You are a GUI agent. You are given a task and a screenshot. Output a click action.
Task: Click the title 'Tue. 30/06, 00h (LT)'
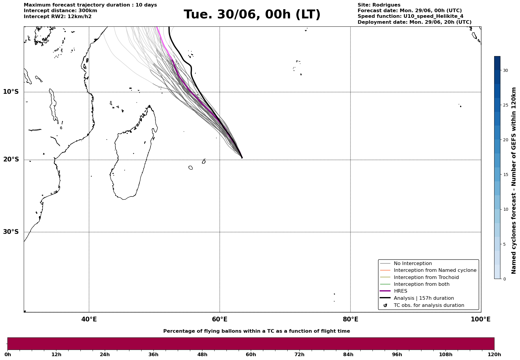tap(252, 15)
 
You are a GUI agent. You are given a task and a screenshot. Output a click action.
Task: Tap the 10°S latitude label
tap(11, 92)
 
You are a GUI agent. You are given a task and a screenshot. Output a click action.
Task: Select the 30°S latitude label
tap(11, 232)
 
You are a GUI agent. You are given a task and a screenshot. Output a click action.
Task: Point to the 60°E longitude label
tap(220, 319)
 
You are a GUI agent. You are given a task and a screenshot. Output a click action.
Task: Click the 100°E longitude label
tap(481, 319)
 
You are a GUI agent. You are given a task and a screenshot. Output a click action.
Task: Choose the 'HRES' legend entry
tap(400, 291)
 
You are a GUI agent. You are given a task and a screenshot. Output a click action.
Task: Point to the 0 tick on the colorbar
tap(504, 279)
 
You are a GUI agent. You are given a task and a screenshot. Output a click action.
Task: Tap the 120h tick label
tap(494, 354)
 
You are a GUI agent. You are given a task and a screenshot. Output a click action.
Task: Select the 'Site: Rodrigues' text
tap(379, 5)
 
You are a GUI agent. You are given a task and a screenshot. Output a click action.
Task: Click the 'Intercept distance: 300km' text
tap(61, 11)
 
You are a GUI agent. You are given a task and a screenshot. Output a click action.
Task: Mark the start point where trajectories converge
tap(242, 158)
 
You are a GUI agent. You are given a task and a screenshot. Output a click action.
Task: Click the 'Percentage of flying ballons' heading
tap(256, 331)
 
